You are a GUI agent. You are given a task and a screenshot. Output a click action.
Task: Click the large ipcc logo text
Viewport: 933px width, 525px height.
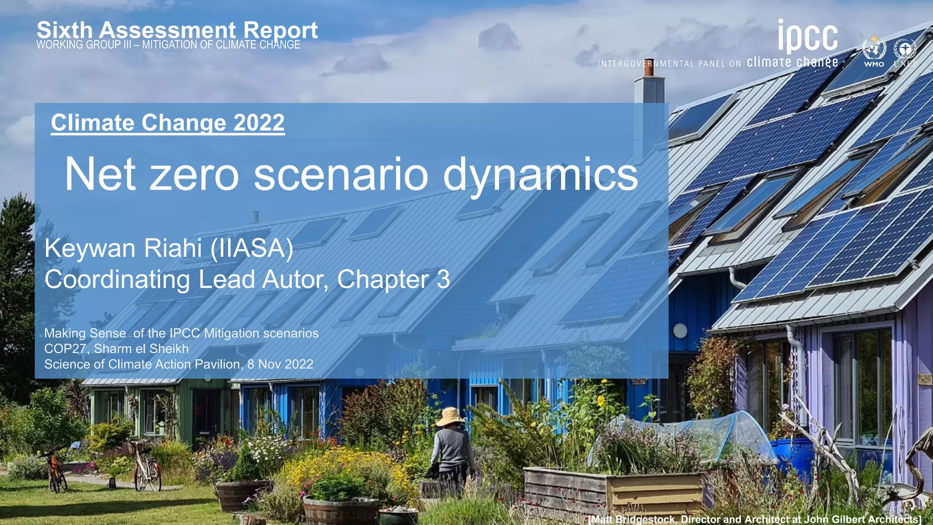tap(808, 36)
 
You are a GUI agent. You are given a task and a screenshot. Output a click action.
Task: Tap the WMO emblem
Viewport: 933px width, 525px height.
tap(874, 51)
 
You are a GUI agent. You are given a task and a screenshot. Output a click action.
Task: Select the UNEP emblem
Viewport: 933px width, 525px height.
tap(905, 51)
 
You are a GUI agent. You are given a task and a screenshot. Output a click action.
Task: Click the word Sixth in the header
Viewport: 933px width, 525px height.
tap(64, 31)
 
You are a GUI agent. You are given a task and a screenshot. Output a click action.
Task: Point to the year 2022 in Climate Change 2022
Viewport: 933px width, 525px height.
tap(259, 123)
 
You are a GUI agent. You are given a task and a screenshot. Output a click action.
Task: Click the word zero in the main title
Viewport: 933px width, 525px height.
tap(194, 175)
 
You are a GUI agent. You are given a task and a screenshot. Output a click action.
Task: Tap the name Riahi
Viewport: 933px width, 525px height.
tap(173, 248)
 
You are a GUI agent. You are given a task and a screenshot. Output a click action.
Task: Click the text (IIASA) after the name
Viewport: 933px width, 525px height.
tap(251, 249)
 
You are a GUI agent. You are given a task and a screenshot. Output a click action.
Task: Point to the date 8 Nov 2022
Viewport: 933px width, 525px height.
tap(280, 364)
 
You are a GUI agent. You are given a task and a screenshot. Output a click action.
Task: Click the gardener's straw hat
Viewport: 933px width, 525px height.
tap(450, 416)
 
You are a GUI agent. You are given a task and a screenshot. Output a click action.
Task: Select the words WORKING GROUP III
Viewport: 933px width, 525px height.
tap(84, 45)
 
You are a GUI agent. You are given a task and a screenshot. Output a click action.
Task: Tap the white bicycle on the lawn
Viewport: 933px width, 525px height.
tap(147, 467)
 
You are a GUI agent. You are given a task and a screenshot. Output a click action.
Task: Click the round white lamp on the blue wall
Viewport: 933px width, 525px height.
tap(680, 331)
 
